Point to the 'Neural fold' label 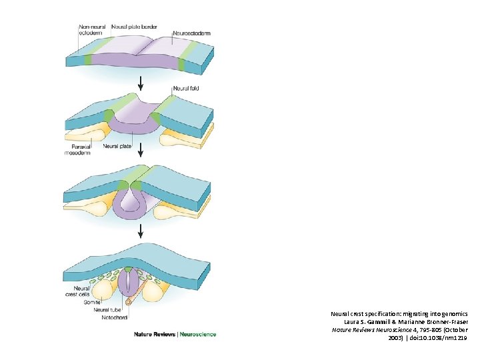[185, 89]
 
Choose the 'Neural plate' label [117, 146]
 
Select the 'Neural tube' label [107, 310]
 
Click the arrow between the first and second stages [140, 85]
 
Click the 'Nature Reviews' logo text [154, 334]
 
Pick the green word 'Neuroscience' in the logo [198, 334]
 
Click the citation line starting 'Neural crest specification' [399, 313]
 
